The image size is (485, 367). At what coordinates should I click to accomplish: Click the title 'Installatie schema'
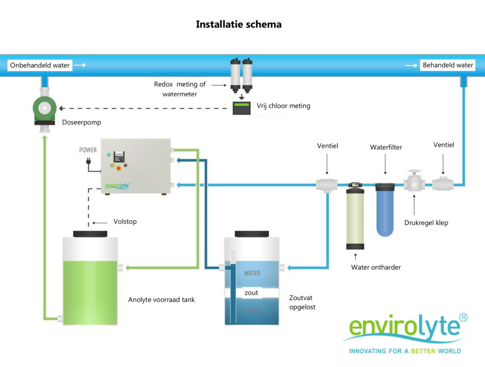[x=239, y=24]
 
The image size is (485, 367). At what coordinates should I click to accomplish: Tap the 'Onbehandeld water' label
[x=40, y=65]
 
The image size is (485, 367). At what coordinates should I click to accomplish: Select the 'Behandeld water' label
[x=448, y=65]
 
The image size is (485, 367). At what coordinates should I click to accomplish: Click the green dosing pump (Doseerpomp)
[x=45, y=110]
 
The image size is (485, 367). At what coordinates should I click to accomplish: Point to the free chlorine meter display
[x=242, y=108]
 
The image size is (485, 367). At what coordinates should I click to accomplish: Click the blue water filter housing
[x=385, y=209]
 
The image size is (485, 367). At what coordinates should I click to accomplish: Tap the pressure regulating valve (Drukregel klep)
[x=414, y=183]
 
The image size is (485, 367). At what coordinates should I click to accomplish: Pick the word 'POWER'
[x=88, y=150]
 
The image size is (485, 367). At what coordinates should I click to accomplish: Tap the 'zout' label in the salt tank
[x=251, y=293]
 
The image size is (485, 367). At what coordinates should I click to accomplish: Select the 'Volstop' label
[x=125, y=221]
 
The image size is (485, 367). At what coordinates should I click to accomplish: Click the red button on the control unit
[x=118, y=168]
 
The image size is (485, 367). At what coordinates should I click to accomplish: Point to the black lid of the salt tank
[x=251, y=234]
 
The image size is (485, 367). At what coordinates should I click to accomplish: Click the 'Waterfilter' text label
[x=386, y=148]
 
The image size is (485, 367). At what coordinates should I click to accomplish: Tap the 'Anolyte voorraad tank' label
[x=162, y=299]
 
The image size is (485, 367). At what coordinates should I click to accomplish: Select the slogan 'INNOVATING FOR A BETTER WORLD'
[x=404, y=351]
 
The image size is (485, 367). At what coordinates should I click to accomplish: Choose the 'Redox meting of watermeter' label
[x=180, y=89]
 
